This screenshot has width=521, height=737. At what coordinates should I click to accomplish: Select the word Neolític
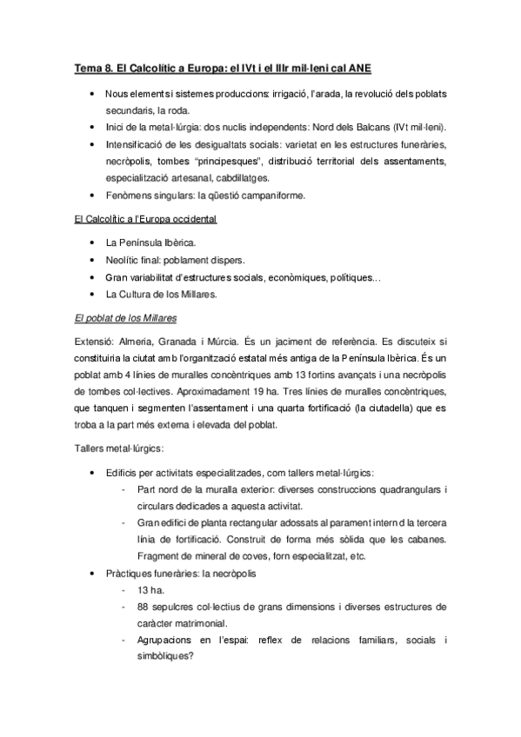click(x=124, y=260)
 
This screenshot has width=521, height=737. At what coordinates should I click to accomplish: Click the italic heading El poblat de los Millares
click(x=126, y=318)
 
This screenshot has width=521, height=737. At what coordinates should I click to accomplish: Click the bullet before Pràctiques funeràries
click(x=92, y=574)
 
